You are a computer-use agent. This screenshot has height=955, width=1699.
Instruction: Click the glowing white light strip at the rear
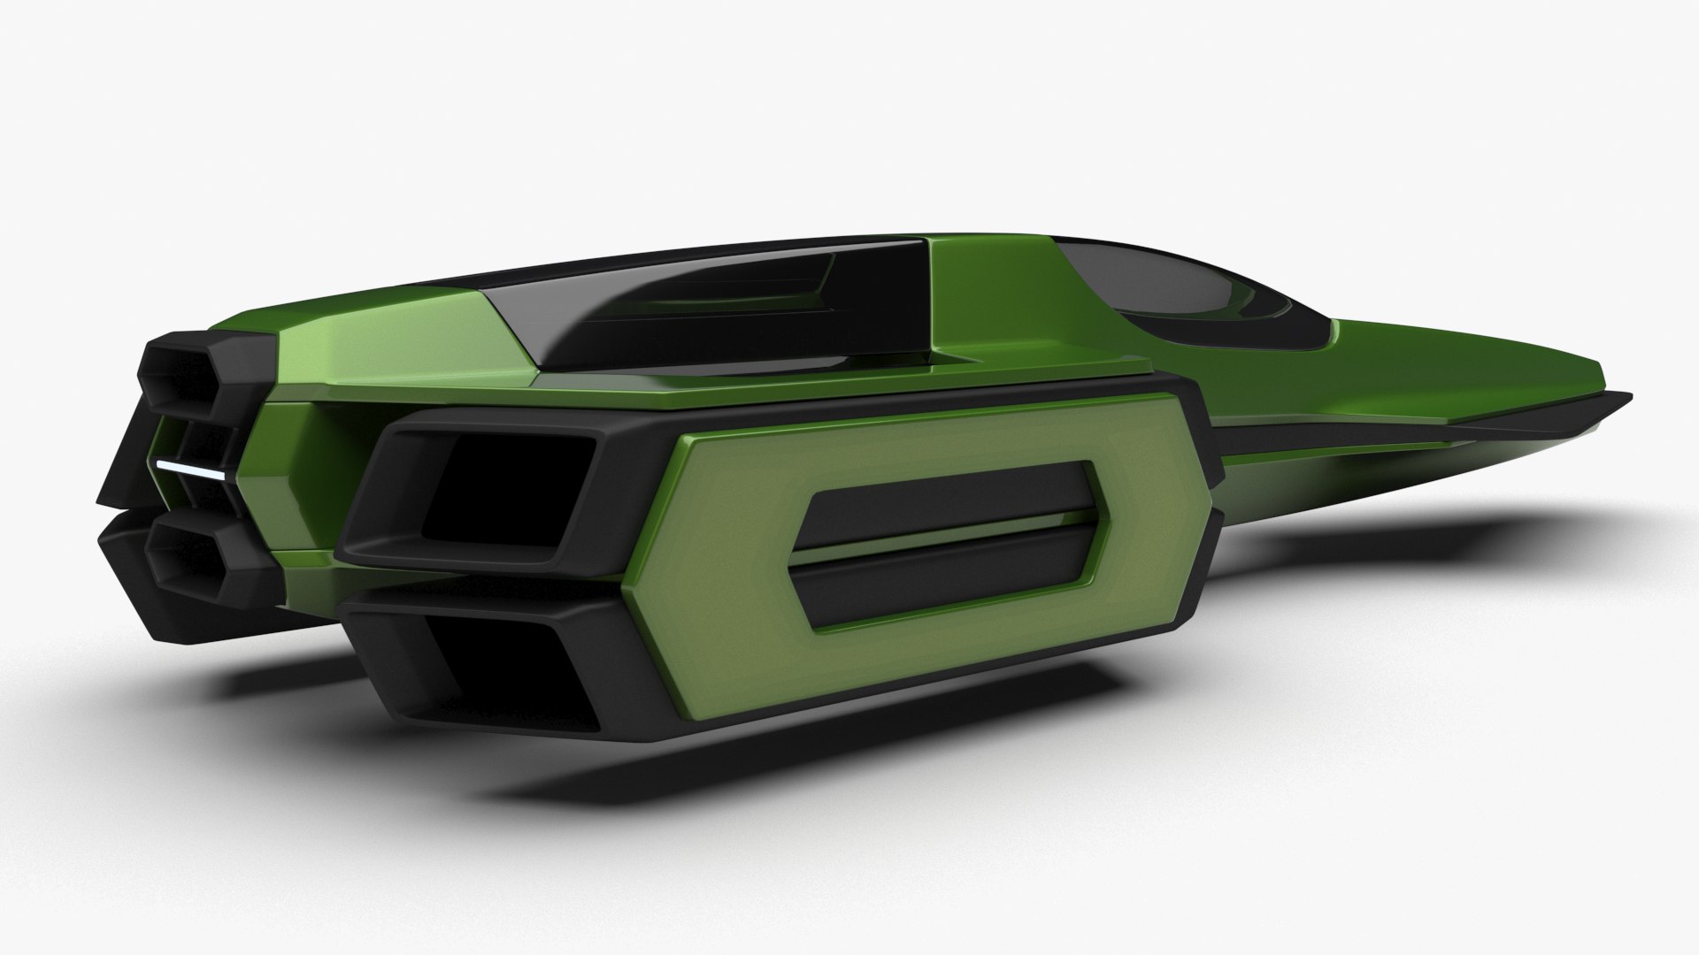pos(190,469)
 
